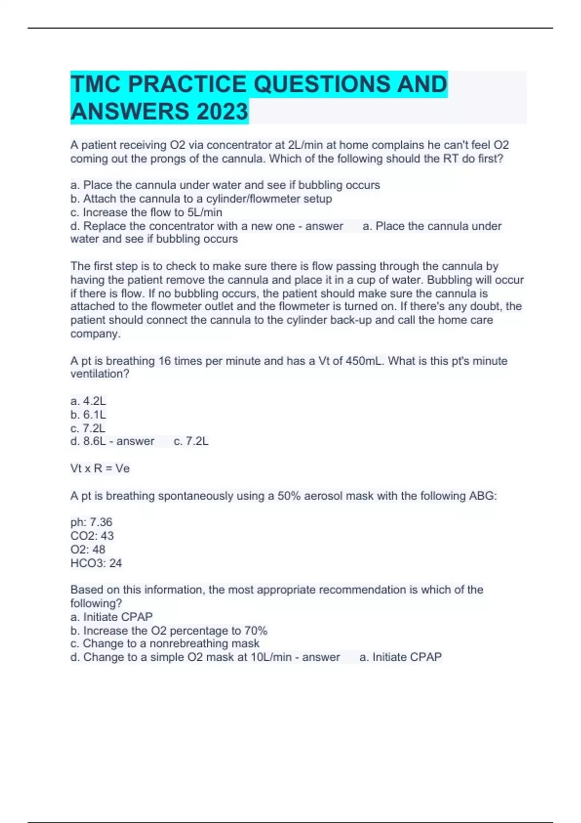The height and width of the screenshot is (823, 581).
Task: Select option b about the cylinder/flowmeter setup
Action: tap(201, 198)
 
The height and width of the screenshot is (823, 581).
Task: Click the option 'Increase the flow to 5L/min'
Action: tap(146, 212)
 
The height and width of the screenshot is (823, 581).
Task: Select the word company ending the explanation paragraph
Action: tap(95, 334)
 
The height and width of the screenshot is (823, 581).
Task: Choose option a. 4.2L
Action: tap(88, 401)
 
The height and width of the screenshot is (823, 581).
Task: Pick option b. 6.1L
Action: tap(88, 414)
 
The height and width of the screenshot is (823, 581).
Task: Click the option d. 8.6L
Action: tap(88, 441)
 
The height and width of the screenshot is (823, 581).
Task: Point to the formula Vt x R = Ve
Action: tap(100, 468)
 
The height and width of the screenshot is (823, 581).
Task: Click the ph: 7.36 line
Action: tap(92, 522)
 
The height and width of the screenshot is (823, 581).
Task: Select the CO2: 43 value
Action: tap(92, 535)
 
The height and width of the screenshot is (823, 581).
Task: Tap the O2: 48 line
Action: tap(88, 549)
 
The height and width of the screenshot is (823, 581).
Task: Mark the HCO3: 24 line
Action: tap(96, 563)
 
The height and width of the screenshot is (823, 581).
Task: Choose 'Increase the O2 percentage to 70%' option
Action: tap(169, 630)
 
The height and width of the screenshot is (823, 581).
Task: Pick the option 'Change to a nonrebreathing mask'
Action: tap(165, 643)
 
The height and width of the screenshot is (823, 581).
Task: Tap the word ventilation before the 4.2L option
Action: tap(100, 374)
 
